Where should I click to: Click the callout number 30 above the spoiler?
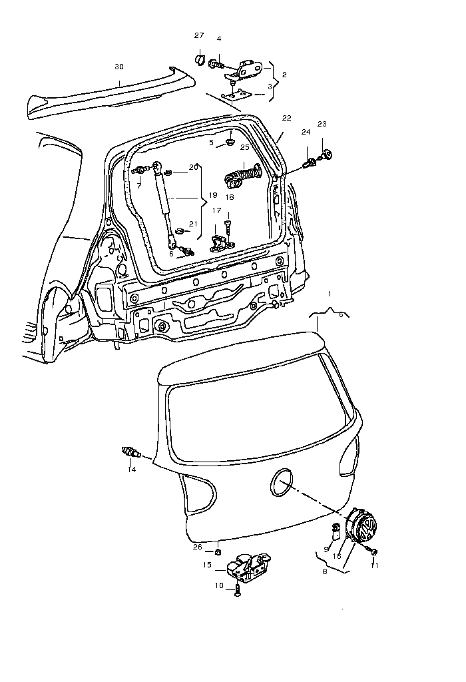point(119,67)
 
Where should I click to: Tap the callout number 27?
point(199,35)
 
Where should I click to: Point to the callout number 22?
point(286,118)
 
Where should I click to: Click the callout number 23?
point(322,124)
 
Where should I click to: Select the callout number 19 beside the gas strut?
point(213,195)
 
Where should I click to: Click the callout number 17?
point(217,210)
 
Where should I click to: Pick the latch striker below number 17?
point(219,242)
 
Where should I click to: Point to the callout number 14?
point(132,470)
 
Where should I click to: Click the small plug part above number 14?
point(131,453)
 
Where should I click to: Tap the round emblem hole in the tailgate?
point(282,481)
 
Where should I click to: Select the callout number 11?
point(374,565)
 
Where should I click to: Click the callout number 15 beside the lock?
point(208,565)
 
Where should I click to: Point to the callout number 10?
point(220,585)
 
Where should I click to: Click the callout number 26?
point(197,547)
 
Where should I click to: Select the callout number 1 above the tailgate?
point(328,294)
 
